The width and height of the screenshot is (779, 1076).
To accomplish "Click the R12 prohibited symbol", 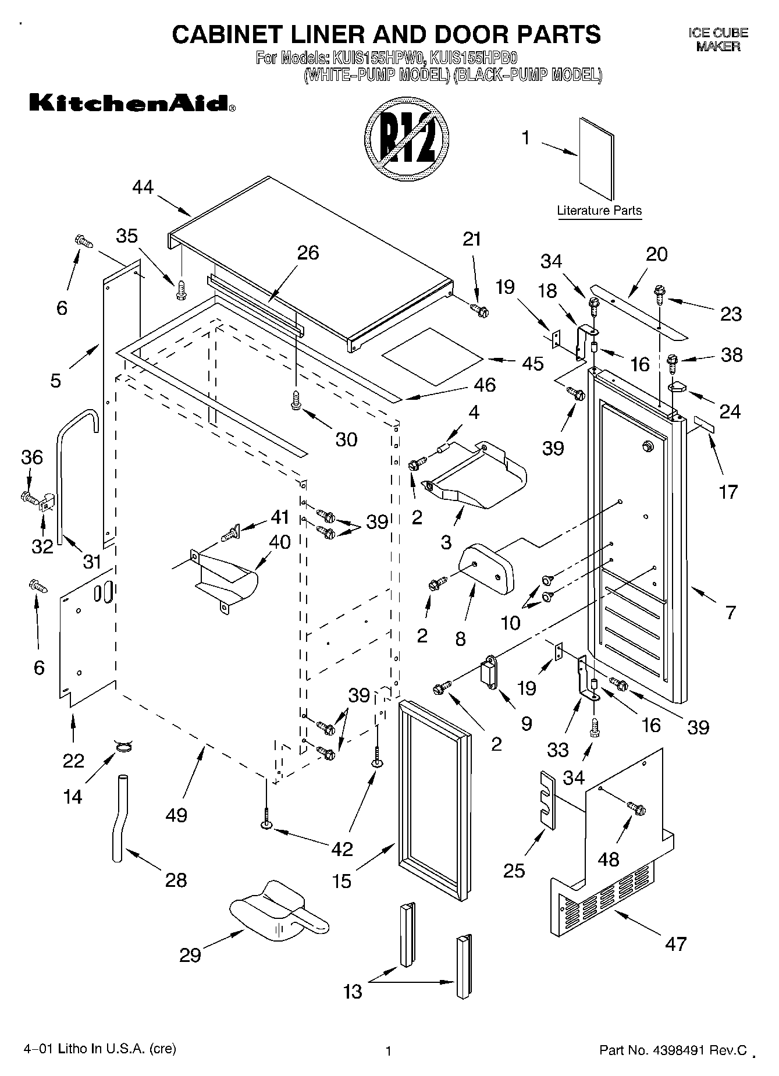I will (407, 143).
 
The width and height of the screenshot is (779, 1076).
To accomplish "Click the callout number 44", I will (143, 187).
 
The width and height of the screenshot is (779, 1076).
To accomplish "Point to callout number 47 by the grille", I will (675, 943).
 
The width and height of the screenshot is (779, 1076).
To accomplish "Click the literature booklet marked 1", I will (596, 158).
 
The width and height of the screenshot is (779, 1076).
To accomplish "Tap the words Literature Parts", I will (599, 211).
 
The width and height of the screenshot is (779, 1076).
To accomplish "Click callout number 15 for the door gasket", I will (342, 881).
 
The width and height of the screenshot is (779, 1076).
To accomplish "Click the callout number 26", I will (308, 253).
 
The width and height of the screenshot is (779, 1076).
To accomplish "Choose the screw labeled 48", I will (636, 808).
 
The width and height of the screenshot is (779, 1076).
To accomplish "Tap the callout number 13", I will (353, 991).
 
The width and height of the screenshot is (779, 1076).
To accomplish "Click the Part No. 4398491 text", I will (673, 1050).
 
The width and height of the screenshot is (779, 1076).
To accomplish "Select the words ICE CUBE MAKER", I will (718, 40).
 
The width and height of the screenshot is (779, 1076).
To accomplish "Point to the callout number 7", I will (731, 612).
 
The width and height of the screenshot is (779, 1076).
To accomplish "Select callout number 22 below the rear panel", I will (73, 761).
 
